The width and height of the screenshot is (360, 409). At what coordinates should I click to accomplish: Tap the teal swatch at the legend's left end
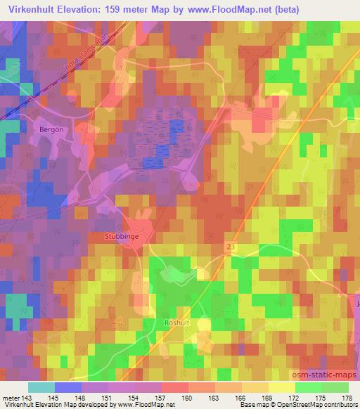41,387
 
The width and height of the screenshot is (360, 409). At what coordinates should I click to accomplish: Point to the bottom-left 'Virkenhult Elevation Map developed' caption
53,405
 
